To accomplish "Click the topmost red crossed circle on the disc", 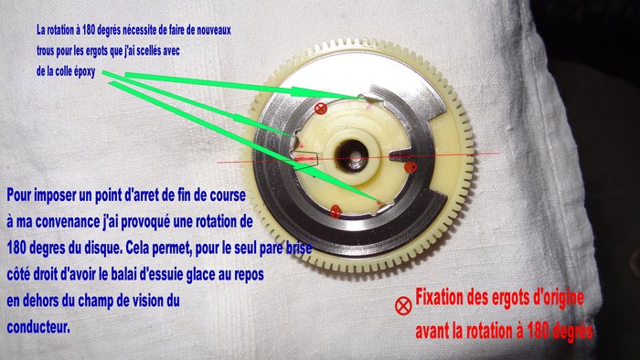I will (x=320, y=109).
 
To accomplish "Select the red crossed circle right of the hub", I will (x=410, y=166).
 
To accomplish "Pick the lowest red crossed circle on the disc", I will (x=336, y=212).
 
